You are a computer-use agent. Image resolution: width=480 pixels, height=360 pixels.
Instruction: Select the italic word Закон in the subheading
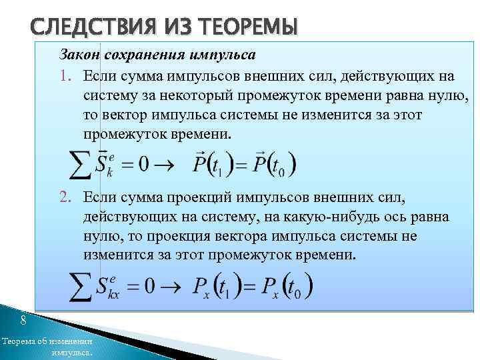(79, 53)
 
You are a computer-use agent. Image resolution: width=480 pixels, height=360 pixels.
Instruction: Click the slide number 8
(23, 321)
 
